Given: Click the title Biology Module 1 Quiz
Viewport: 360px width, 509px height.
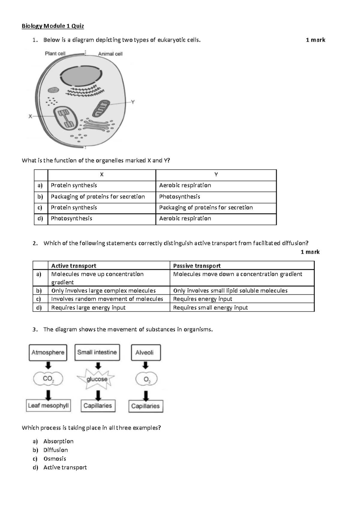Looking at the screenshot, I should [x=53, y=26].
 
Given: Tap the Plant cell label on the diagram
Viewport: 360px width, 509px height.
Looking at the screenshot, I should [x=55, y=53].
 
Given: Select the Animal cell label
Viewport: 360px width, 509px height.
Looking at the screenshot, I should [x=110, y=54].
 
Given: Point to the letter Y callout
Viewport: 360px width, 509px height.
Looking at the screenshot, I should [x=133, y=102].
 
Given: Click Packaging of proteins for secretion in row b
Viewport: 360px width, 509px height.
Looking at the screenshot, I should [x=98, y=197].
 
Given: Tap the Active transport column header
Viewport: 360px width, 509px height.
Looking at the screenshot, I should [x=74, y=266].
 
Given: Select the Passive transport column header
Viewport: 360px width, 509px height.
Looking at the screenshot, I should [x=197, y=266].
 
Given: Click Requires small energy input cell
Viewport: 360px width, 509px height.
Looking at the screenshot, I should [x=210, y=308].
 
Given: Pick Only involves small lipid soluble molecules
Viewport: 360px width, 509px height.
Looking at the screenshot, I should [x=230, y=291].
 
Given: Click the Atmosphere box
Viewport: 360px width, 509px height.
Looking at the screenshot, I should [x=48, y=352].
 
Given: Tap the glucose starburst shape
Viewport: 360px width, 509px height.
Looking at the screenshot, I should [x=97, y=379].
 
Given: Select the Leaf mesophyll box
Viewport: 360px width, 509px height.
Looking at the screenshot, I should [x=48, y=406].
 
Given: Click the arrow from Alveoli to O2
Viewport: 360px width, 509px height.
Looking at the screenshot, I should [x=145, y=365].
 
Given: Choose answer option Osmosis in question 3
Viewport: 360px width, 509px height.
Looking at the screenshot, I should [x=55, y=459].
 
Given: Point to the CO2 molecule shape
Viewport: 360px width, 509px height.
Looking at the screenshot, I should [x=48, y=379].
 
